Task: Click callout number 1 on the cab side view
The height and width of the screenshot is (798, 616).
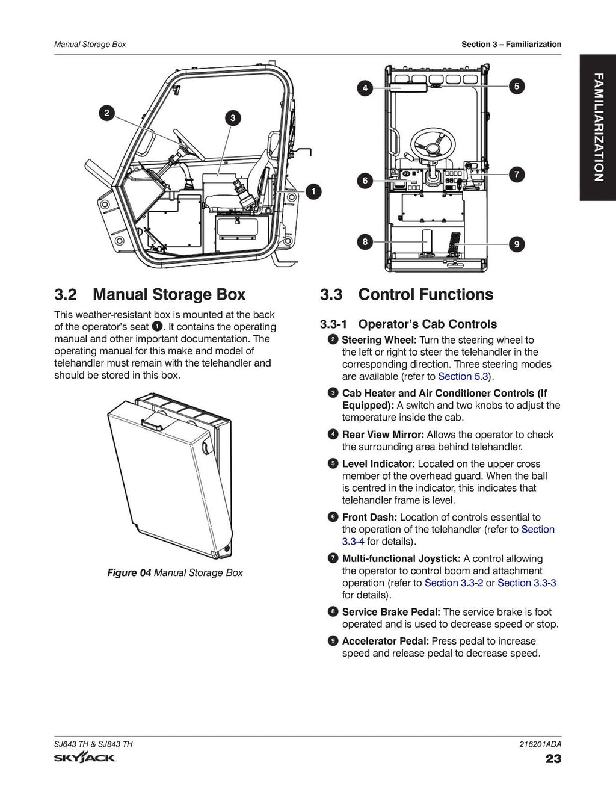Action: coord(313,192)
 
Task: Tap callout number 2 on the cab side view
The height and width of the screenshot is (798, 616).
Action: coord(106,113)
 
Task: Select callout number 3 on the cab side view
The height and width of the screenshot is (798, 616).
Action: coord(233,118)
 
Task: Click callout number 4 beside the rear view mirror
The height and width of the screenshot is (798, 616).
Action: coord(365,88)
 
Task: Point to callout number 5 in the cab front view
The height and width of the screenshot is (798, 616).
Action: coord(516,86)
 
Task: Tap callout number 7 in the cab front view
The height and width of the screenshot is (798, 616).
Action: coord(516,175)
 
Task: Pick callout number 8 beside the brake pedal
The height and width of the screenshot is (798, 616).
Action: coord(365,242)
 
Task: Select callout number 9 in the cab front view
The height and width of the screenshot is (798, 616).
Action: coord(516,244)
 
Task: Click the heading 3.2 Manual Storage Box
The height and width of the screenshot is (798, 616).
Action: coord(150,294)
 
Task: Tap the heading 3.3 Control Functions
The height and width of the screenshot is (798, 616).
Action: coord(406,294)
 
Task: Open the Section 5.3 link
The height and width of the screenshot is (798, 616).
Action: coord(463,376)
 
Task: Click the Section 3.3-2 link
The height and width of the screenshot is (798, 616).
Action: coord(454,583)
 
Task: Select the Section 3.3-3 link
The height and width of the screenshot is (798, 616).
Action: coord(526,583)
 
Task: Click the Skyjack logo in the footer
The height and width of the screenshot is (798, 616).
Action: coord(85,758)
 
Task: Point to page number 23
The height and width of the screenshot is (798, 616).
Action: coord(553,758)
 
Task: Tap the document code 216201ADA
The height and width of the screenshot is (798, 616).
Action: coord(540,744)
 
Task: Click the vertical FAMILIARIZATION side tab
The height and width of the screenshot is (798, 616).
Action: coord(597,127)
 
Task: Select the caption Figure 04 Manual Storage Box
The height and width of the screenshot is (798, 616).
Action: coord(175,572)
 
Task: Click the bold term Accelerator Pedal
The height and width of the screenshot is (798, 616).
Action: coord(385,641)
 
